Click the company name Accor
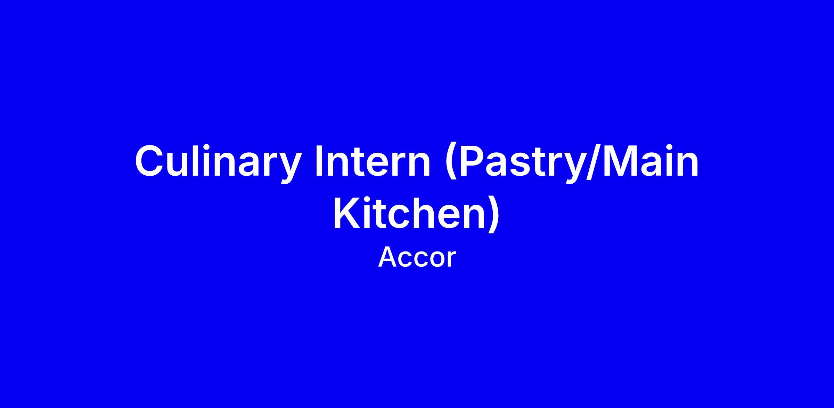click(417, 258)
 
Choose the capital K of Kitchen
click(347, 213)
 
